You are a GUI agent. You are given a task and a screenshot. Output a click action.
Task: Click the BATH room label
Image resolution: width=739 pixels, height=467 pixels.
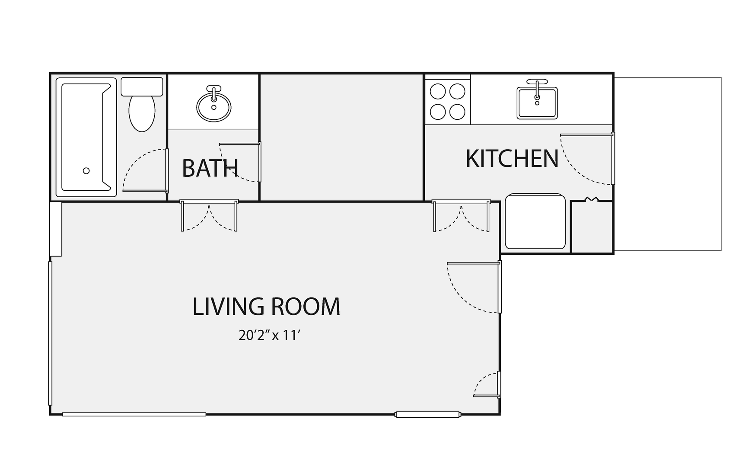point(210,168)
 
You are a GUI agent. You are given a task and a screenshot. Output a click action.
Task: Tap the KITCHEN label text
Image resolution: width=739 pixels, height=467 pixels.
point(512,159)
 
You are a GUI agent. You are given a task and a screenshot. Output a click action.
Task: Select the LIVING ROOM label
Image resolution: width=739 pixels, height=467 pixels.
point(266,307)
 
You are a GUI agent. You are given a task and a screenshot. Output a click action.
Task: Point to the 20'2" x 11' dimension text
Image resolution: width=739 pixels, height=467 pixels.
point(269,336)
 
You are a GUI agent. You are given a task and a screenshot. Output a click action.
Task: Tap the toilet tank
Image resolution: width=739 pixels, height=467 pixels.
point(142,86)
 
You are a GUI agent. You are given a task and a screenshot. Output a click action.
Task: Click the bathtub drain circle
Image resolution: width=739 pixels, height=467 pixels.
point(86,171)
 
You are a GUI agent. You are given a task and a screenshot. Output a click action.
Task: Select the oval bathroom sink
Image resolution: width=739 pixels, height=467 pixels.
point(214,106)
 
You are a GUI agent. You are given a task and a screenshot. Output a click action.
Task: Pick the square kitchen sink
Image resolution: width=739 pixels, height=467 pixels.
point(537,102)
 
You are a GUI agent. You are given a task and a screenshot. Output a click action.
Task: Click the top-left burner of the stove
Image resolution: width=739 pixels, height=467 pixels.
point(438,91)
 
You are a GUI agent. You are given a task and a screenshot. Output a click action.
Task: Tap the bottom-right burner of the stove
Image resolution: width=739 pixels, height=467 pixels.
point(457,112)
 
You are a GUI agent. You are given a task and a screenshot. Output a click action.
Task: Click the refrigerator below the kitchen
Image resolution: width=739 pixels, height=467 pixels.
point(535,221)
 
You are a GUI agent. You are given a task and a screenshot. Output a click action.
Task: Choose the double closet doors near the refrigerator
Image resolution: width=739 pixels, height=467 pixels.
point(461,216)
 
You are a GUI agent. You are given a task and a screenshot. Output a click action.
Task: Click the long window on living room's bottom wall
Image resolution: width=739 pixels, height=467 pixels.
point(134,414)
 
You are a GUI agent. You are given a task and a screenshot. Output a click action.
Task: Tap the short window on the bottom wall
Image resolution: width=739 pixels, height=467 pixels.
point(427,415)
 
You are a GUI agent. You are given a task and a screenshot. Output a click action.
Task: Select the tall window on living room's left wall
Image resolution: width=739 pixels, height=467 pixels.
point(50,333)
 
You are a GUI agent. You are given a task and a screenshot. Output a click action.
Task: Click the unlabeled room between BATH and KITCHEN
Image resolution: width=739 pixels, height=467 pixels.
point(341,138)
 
